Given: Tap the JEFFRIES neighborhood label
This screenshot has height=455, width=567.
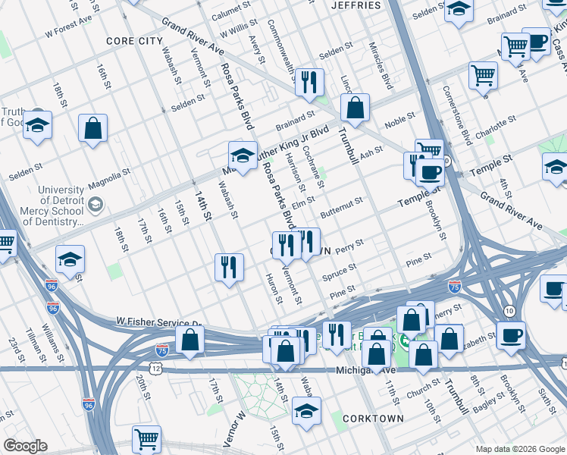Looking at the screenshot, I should click(x=356, y=5).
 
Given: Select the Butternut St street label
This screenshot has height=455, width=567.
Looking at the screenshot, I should click(x=341, y=206).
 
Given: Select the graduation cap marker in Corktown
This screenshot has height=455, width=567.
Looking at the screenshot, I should click(x=306, y=412).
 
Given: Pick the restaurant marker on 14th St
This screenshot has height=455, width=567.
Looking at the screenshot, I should click(x=228, y=268).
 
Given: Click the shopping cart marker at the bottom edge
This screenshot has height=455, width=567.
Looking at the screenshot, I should click(x=146, y=439).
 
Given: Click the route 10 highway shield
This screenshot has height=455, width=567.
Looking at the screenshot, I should click(x=509, y=311).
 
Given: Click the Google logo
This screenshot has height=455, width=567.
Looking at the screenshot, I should click(x=25, y=446).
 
